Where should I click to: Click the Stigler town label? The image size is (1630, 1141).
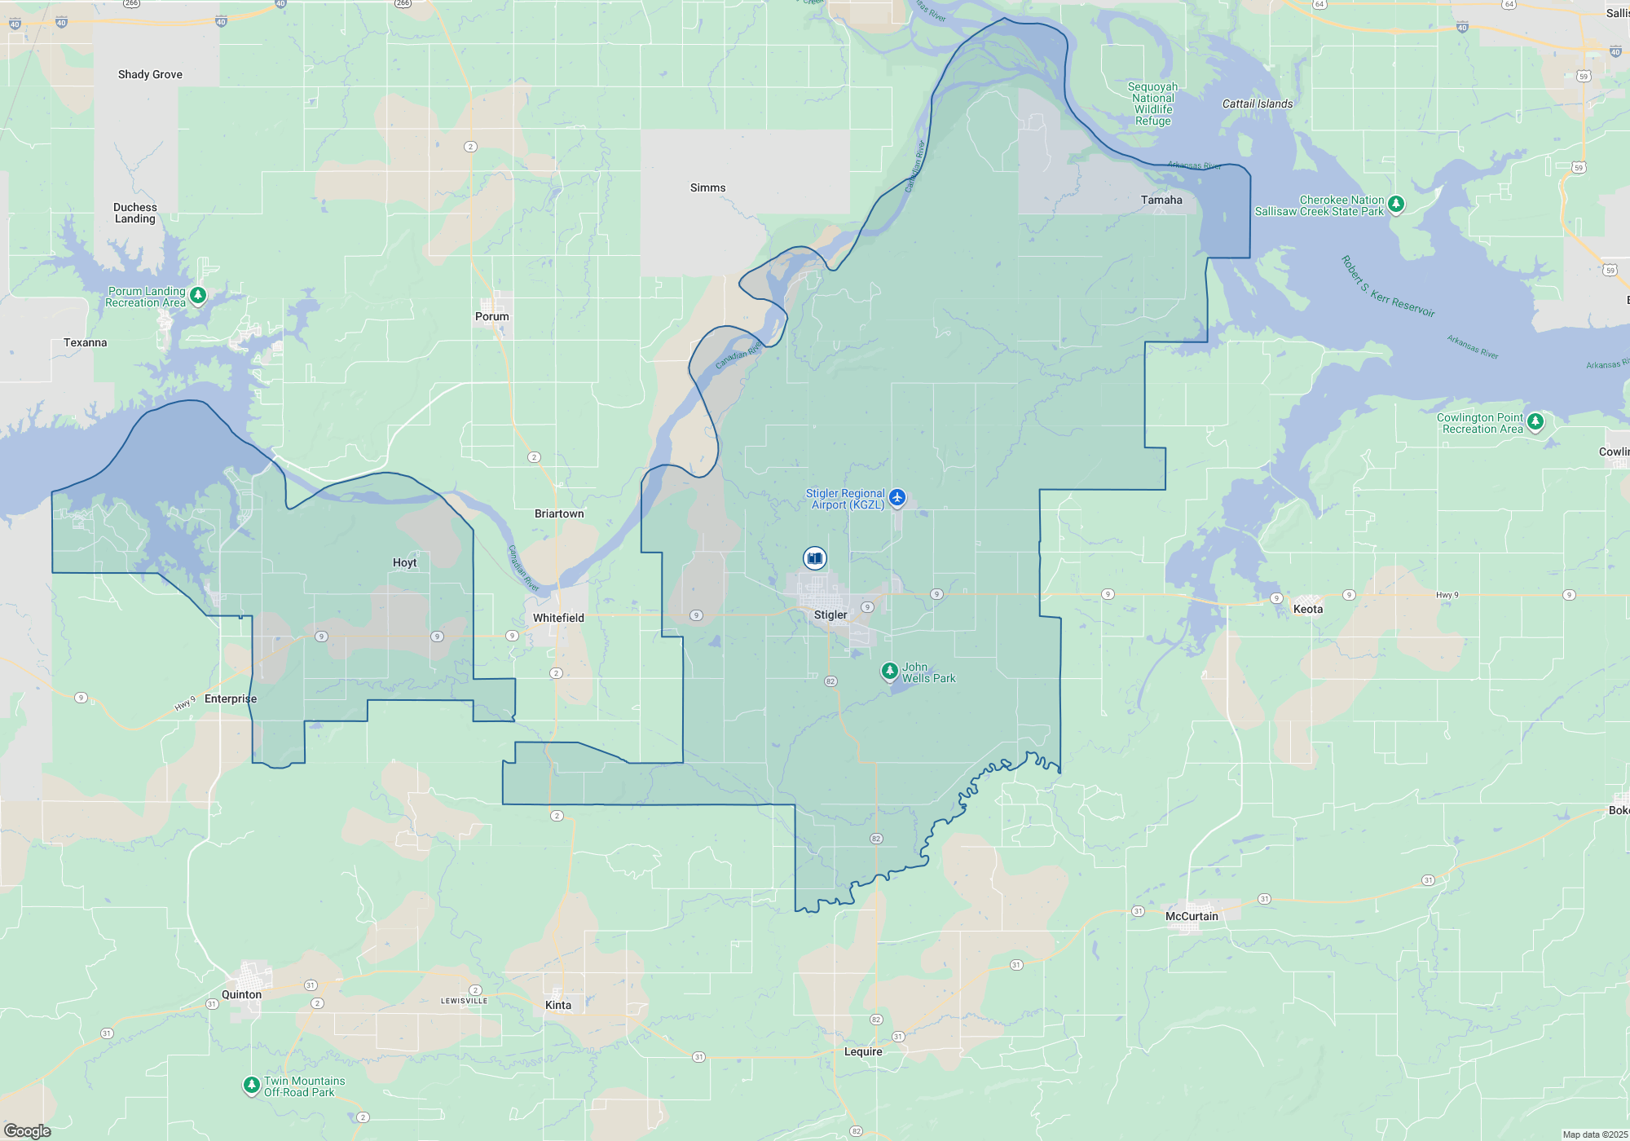(x=830, y=615)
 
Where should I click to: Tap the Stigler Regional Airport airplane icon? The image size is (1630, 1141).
(x=897, y=497)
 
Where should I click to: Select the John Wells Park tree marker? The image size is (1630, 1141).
(x=890, y=671)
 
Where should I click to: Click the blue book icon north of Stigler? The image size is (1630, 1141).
(x=814, y=558)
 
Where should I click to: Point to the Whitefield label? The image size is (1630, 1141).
(x=558, y=619)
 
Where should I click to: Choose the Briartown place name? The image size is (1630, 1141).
(x=559, y=514)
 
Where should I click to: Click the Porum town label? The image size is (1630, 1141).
(x=491, y=317)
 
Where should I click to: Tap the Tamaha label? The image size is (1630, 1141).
(x=1161, y=200)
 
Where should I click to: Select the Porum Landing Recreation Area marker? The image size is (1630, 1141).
(x=198, y=294)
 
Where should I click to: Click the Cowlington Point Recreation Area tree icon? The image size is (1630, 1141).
(x=1535, y=421)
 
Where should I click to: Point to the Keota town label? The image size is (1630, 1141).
(x=1308, y=610)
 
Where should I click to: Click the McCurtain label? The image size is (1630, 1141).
(x=1192, y=917)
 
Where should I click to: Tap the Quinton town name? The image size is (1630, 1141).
(x=242, y=995)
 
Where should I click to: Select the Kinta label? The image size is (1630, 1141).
(x=558, y=1006)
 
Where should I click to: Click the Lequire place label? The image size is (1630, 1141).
(x=863, y=1052)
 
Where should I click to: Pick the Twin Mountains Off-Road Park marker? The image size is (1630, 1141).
(x=252, y=1085)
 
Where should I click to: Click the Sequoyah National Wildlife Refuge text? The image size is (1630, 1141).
(x=1152, y=104)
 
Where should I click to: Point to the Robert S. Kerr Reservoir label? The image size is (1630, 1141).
(x=1387, y=287)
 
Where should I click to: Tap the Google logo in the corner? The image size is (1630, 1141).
(x=28, y=1131)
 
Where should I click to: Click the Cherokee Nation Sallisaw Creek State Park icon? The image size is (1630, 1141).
(x=1396, y=203)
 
